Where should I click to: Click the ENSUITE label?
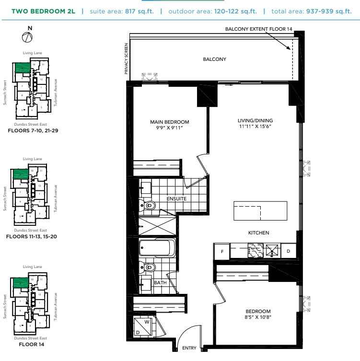(x=176, y=198)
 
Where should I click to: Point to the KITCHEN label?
(x=258, y=233)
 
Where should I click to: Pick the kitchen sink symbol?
(x=272, y=249)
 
